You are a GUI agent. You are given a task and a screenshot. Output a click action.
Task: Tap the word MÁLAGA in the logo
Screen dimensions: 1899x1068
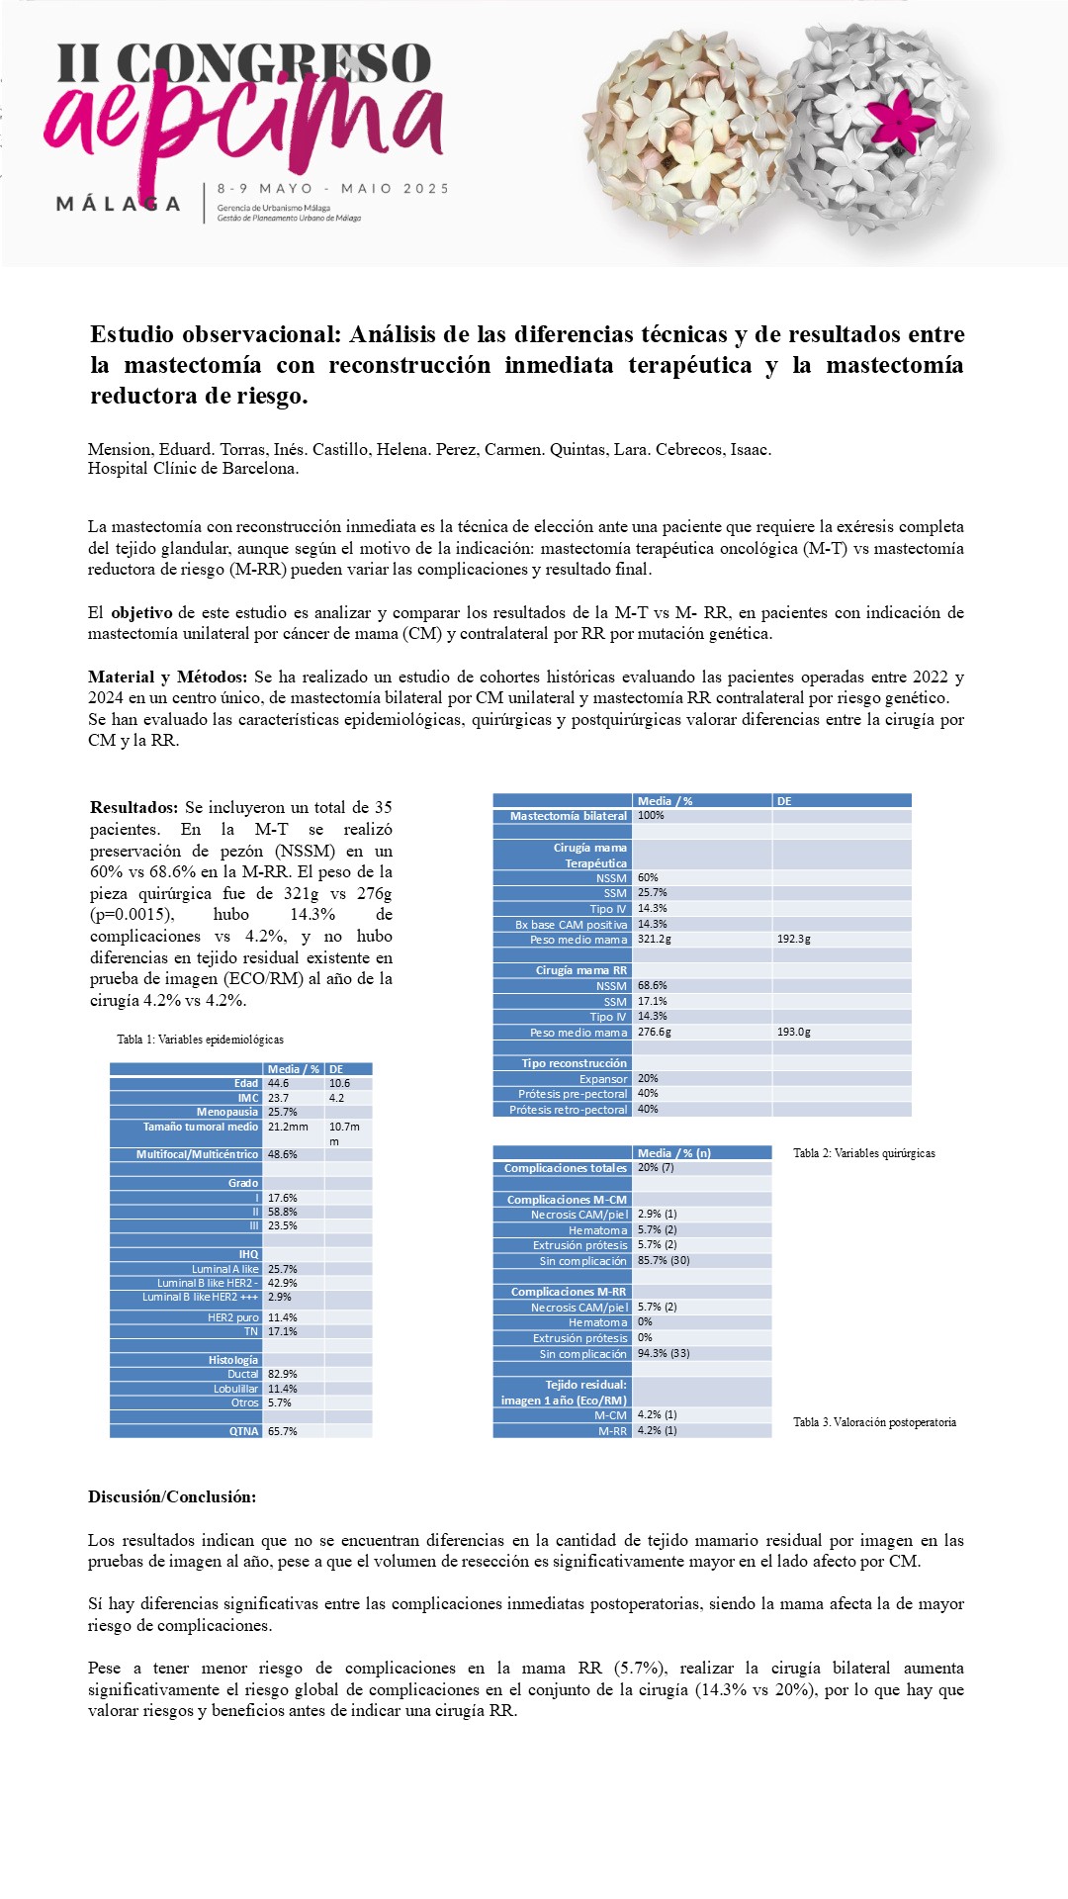[119, 204]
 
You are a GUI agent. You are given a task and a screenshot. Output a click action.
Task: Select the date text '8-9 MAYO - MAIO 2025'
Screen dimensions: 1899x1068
[333, 188]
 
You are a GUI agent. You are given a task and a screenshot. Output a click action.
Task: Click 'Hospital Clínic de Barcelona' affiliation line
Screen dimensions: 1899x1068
[194, 469]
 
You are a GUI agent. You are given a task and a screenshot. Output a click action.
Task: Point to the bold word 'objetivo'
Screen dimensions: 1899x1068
[141, 612]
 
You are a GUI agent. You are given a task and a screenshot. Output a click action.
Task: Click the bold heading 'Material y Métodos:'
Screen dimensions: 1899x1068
[167, 677]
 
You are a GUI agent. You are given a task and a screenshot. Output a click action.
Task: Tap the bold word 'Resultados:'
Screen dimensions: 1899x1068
[133, 807]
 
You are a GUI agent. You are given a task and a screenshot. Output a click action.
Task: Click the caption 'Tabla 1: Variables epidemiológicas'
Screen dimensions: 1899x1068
[200, 1040]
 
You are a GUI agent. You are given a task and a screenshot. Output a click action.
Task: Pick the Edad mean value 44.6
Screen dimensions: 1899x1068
[278, 1083]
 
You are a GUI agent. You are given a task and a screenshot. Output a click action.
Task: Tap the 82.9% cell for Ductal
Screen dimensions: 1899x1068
[282, 1374]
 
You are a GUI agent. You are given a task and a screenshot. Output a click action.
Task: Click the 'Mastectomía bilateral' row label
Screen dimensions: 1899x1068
[568, 816]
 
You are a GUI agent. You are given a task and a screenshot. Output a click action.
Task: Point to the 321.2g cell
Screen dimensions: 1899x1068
[655, 940]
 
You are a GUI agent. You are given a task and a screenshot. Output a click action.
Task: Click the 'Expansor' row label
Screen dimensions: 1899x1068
[603, 1079]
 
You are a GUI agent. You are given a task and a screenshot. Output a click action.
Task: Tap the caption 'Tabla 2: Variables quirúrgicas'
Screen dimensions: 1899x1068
[863, 1153]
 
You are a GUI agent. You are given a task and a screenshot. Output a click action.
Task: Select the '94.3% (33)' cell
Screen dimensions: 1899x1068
[664, 1354]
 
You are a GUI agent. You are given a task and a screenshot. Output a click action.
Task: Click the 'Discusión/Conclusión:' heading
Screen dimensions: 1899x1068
[172, 1496]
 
